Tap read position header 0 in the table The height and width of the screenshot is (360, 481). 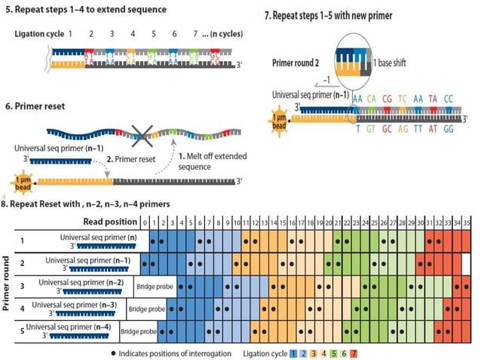coord(145,222)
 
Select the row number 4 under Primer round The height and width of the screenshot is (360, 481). coord(22,307)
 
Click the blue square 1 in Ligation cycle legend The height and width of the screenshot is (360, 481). coord(293,352)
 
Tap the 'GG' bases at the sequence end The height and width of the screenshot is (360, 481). coord(448,129)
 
